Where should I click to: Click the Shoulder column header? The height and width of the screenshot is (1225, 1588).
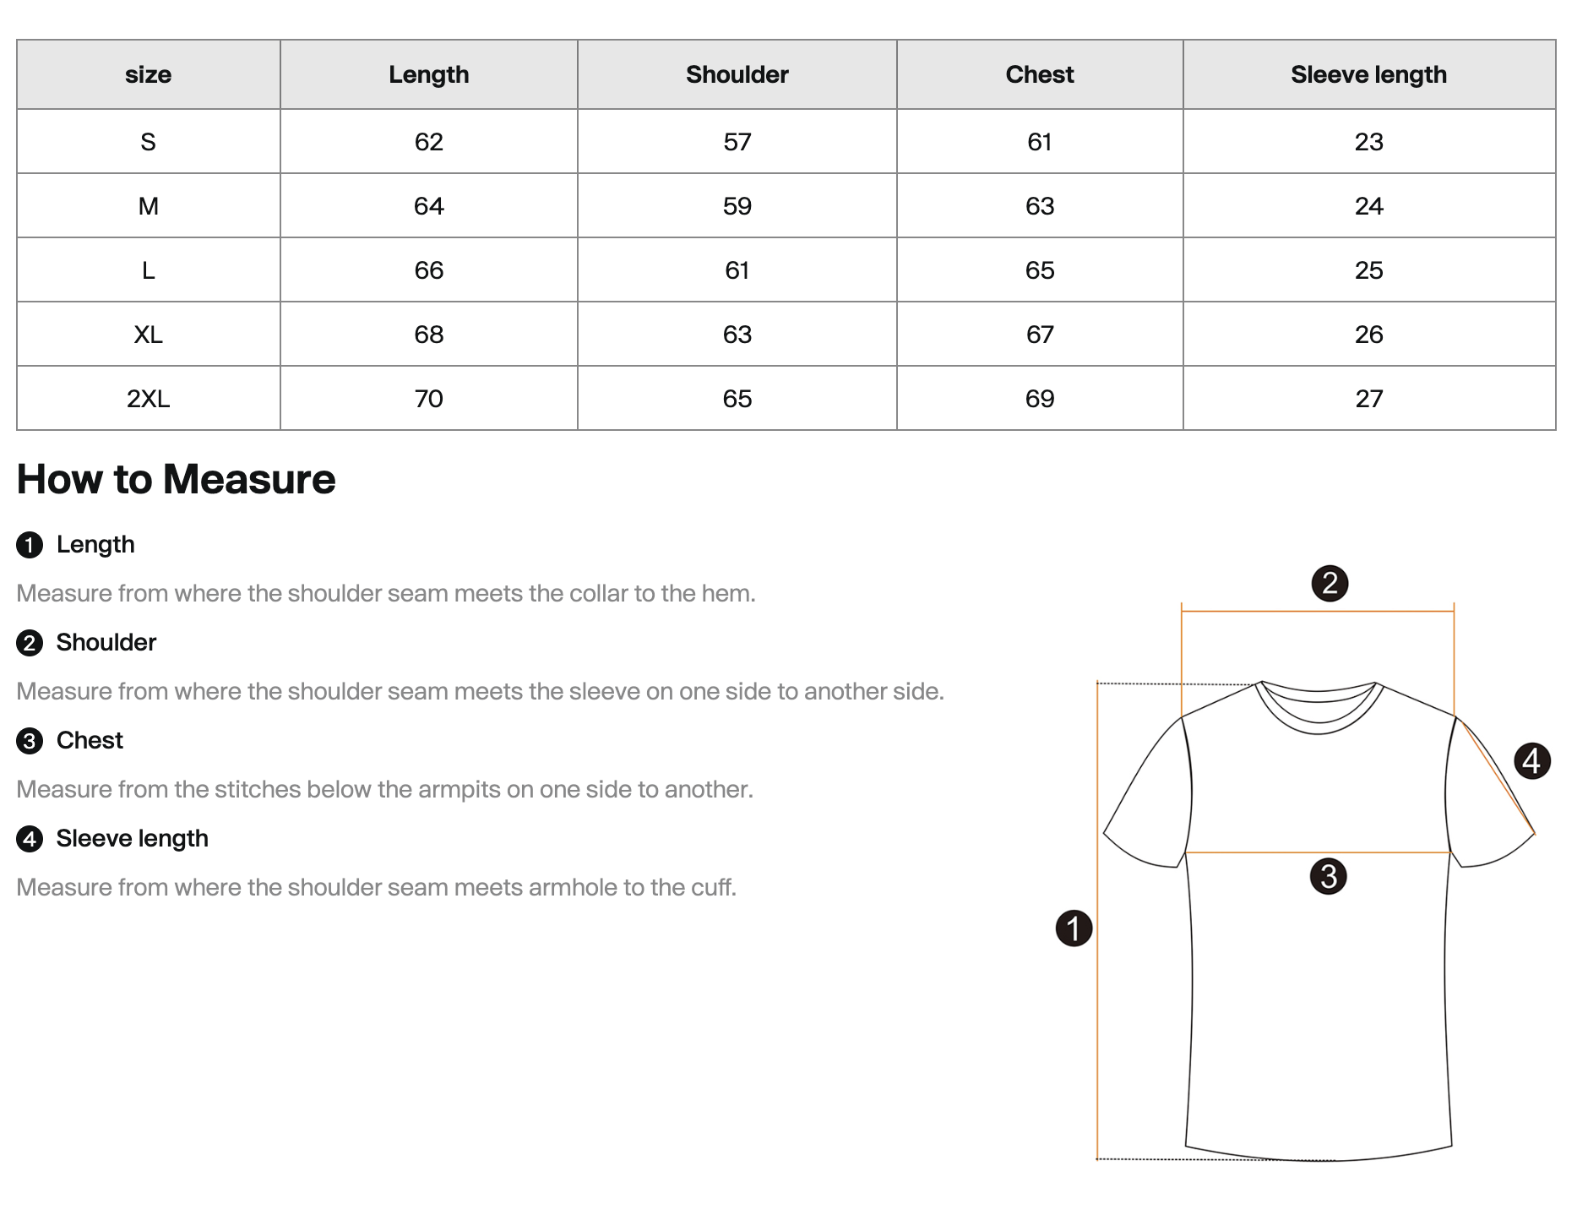pyautogui.click(x=737, y=74)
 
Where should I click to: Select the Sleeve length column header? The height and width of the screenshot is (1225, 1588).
pyautogui.click(x=1368, y=74)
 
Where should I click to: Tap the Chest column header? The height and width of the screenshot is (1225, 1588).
pyautogui.click(x=1039, y=74)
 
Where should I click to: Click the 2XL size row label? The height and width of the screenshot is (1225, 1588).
pyautogui.click(x=148, y=399)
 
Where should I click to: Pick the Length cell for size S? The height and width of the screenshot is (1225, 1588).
pyautogui.click(x=428, y=142)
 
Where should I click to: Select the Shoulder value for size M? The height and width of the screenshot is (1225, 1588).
pyautogui.click(x=737, y=206)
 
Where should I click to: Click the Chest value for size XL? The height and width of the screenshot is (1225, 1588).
pyautogui.click(x=1039, y=335)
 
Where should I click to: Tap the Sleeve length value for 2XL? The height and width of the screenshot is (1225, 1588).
pyautogui.click(x=1368, y=399)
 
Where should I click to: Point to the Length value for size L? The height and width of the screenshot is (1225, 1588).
pyautogui.click(x=428, y=270)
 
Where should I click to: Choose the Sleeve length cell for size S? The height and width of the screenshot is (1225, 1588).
pyautogui.click(x=1368, y=142)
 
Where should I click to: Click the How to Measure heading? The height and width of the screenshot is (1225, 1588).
pyautogui.click(x=176, y=479)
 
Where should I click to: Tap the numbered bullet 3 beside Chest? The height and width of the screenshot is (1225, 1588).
pyautogui.click(x=30, y=741)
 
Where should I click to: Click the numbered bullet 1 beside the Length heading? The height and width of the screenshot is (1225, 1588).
pyautogui.click(x=30, y=545)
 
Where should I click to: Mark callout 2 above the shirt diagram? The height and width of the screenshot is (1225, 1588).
pyautogui.click(x=1330, y=583)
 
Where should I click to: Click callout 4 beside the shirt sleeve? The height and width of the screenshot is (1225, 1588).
pyautogui.click(x=1531, y=761)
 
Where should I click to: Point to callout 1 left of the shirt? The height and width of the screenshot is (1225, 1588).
pyautogui.click(x=1074, y=928)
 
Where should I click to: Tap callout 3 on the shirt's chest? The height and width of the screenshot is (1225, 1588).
pyautogui.click(x=1328, y=876)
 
